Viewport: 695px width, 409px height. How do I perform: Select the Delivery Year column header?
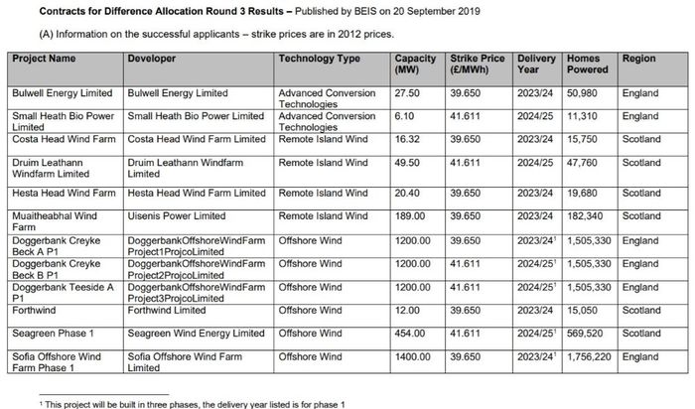[536, 65]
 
